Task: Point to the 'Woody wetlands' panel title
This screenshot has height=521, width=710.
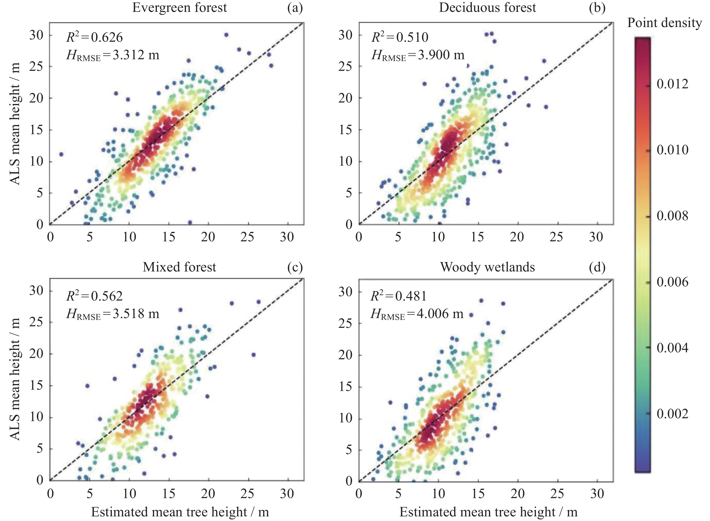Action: (x=487, y=267)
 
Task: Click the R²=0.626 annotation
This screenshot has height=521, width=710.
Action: (x=94, y=37)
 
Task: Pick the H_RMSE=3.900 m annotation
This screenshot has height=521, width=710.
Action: (x=418, y=55)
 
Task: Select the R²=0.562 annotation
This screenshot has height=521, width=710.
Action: (x=94, y=296)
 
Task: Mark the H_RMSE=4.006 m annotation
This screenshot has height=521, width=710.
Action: (x=417, y=314)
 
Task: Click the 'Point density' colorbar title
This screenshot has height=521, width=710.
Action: (x=664, y=23)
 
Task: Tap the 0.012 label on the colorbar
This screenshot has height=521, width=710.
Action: (x=672, y=84)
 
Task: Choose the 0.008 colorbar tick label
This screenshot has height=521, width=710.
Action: (x=672, y=216)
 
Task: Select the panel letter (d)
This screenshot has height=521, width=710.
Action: (x=597, y=267)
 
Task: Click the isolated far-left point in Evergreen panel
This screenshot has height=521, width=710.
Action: (x=61, y=154)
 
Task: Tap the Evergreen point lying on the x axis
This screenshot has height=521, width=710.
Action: (x=190, y=222)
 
